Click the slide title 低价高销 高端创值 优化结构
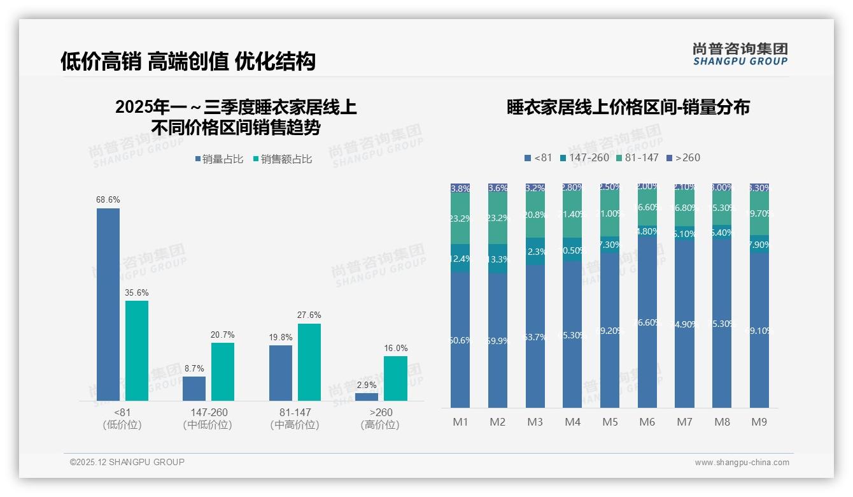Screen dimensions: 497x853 [188, 61]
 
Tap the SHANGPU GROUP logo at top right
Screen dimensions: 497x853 [740, 54]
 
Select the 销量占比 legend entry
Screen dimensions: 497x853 [218, 159]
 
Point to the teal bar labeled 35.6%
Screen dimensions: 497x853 [137, 350]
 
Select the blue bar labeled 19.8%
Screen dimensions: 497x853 [281, 373]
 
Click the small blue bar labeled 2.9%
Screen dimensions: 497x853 [367, 397]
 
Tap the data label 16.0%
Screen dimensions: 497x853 [395, 349]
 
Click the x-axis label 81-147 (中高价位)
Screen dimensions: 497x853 [294, 419]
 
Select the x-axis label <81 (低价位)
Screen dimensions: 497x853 [122, 419]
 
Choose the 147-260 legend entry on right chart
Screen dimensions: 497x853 [584, 157]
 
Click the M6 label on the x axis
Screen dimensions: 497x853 [647, 422]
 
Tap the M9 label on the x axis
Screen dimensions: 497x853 [759, 422]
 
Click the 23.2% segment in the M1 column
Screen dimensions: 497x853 [460, 219]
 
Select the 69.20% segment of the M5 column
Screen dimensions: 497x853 [610, 331]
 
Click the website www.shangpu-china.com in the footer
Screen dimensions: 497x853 [742, 463]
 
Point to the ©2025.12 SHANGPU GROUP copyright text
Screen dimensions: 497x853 [127, 462]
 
